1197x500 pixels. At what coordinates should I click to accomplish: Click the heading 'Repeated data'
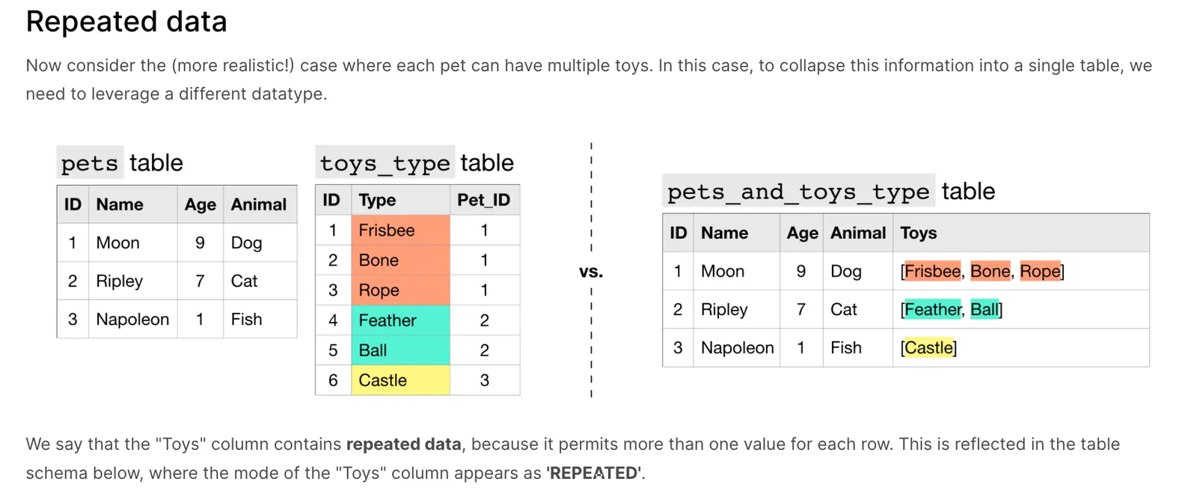pyautogui.click(x=126, y=22)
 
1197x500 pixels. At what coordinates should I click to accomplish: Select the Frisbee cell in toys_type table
pyautogui.click(x=400, y=230)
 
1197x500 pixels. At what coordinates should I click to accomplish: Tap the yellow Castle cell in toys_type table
pyautogui.click(x=400, y=380)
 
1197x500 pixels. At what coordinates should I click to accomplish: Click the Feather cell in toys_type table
pyautogui.click(x=400, y=320)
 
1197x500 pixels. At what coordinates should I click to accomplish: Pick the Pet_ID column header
pyautogui.click(x=483, y=200)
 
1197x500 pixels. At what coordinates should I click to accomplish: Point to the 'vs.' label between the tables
pyautogui.click(x=591, y=272)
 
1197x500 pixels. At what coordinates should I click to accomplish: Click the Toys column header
pyautogui.click(x=918, y=233)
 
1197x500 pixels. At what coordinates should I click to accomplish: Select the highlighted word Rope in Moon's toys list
pyautogui.click(x=1040, y=271)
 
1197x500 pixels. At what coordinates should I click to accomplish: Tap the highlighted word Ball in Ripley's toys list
pyautogui.click(x=985, y=309)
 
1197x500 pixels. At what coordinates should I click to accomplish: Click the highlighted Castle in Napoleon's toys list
pyautogui.click(x=928, y=347)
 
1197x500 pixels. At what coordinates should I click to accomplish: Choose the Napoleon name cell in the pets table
pyautogui.click(x=132, y=320)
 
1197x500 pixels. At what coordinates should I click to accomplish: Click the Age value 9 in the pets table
pyautogui.click(x=200, y=243)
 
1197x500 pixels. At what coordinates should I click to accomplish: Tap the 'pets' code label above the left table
pyautogui.click(x=90, y=162)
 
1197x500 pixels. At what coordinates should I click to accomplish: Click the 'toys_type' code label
pyautogui.click(x=385, y=162)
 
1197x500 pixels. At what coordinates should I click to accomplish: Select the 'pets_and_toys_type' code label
pyautogui.click(x=798, y=191)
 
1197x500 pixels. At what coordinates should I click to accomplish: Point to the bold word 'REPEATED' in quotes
pyautogui.click(x=595, y=473)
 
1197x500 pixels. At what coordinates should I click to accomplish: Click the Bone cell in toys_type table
pyautogui.click(x=400, y=260)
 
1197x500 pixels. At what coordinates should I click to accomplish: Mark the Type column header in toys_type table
pyautogui.click(x=377, y=200)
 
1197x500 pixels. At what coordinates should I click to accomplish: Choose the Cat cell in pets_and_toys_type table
pyautogui.click(x=843, y=309)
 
